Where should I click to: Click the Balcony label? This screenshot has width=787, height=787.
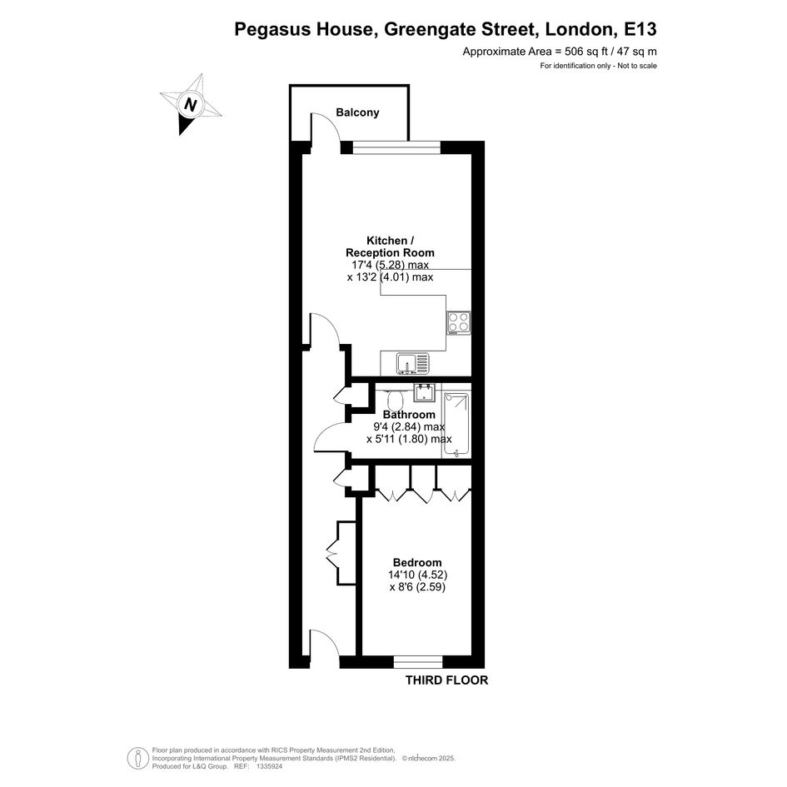(x=357, y=112)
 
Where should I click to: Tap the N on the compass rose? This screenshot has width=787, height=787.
(x=190, y=105)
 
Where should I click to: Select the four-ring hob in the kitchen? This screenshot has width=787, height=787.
(x=459, y=322)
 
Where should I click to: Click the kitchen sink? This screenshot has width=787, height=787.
(x=412, y=364)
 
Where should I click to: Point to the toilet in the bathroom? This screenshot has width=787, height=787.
(x=395, y=399)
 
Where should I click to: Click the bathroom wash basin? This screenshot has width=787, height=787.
(x=425, y=392)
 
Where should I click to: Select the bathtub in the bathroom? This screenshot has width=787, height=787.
(x=456, y=426)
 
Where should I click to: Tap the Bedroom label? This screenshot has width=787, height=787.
(x=417, y=562)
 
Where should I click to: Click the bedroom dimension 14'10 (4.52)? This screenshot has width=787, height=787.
(x=417, y=574)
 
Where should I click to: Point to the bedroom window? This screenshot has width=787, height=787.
(x=417, y=661)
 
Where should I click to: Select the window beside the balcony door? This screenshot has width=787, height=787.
(x=396, y=147)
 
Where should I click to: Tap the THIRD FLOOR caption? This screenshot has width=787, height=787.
(x=446, y=680)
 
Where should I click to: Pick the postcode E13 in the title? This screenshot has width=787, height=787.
(x=640, y=29)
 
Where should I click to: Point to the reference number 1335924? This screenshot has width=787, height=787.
(x=270, y=766)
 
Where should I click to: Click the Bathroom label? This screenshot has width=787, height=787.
(x=409, y=415)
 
